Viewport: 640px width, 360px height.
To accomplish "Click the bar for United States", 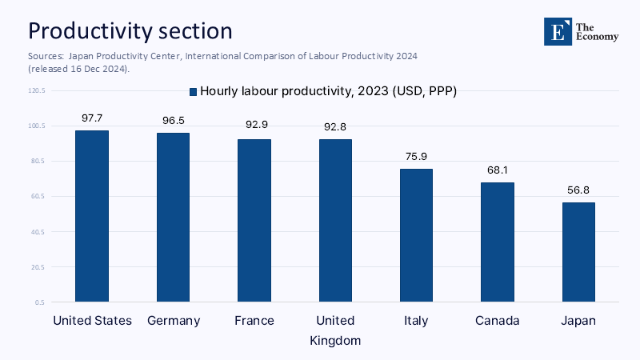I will (x=92, y=216).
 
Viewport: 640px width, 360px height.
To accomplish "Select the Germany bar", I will (x=173, y=217).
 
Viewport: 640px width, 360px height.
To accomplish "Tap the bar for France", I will (x=254, y=220).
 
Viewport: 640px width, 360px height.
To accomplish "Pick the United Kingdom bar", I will (x=335, y=220).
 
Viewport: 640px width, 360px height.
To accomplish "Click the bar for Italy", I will (x=416, y=235).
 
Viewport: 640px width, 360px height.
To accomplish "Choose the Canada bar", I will (x=498, y=242).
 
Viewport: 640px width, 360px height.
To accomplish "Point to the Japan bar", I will (x=578, y=252).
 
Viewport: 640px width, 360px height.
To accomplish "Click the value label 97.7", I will (x=92, y=118).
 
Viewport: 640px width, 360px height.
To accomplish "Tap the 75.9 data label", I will (x=416, y=156).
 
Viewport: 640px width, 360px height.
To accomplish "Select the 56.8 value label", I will (x=578, y=190).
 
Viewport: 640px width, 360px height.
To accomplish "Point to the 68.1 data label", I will (x=498, y=170).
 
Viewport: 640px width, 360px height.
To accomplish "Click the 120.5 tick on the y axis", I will (x=37, y=90).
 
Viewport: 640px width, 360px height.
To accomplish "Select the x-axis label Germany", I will (x=174, y=321).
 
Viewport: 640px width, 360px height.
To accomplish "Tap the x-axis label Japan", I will (x=578, y=321).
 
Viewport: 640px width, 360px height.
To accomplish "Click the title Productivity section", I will (x=130, y=30).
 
